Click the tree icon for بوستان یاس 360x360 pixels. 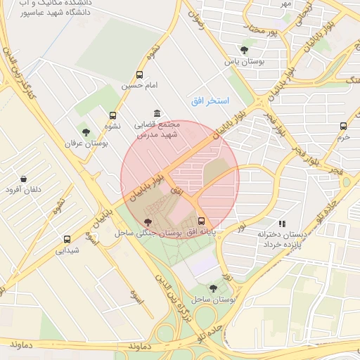(244, 50)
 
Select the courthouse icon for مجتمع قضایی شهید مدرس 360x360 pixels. (156, 114)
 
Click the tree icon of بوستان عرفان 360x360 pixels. (86, 132)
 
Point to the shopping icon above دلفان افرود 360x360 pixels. (25, 179)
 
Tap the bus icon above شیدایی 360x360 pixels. (67, 239)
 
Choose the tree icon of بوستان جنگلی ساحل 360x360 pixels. (146, 221)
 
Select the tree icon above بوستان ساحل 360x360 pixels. (214, 288)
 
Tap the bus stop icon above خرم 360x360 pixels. (343, 127)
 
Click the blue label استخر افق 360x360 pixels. (210, 101)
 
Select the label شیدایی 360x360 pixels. (67, 250)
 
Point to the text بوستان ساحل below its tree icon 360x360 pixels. (214, 300)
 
